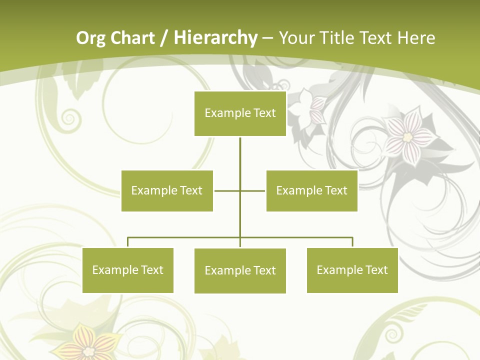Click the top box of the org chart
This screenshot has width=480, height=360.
(x=240, y=113)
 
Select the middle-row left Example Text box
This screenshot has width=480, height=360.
(x=167, y=190)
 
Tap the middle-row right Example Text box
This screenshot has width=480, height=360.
(x=311, y=190)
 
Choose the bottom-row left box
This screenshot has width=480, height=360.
(x=127, y=270)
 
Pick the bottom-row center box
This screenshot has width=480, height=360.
(x=240, y=270)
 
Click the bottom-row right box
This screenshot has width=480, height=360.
(x=352, y=270)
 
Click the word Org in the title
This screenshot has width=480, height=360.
(x=91, y=38)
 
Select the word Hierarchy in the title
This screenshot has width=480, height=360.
(x=215, y=38)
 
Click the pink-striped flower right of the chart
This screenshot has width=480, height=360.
(x=408, y=136)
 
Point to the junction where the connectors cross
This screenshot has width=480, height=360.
(x=240, y=190)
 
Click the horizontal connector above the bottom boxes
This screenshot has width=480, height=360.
(x=185, y=237)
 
